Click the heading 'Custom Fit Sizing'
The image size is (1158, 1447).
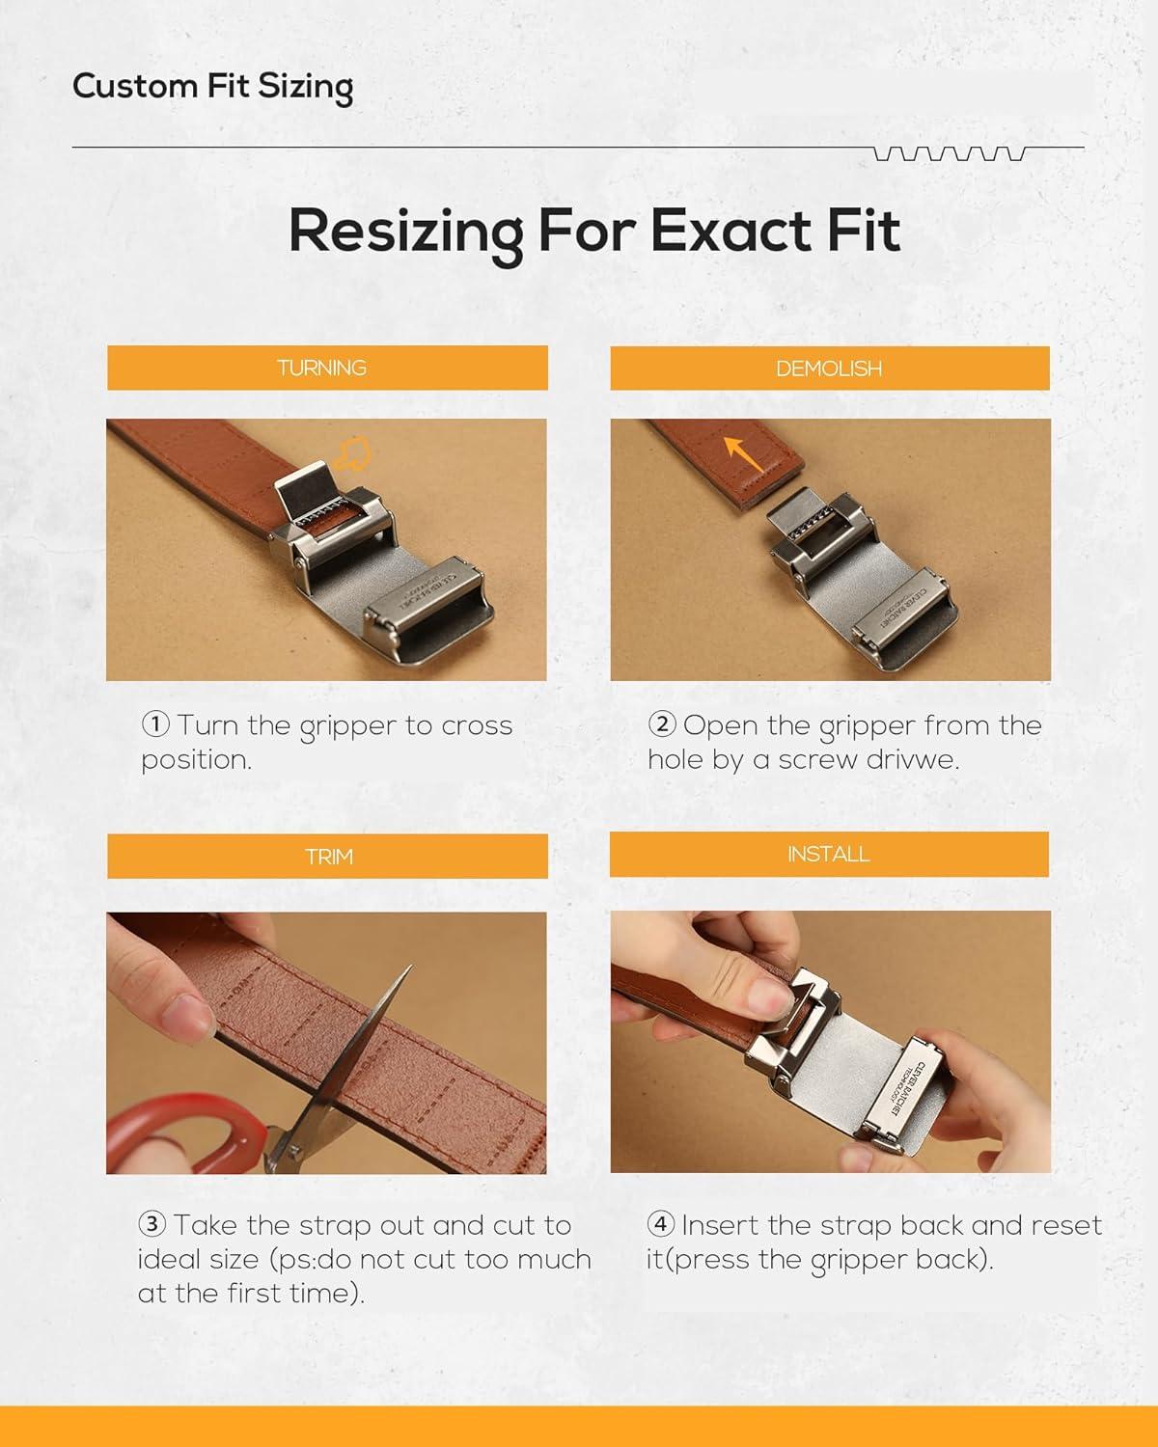pos(212,88)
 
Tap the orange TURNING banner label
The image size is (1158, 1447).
pos(321,368)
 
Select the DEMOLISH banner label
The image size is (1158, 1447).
pos(829,369)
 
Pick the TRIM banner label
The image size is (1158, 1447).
pos(328,857)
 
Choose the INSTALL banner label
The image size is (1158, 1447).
pos(828,854)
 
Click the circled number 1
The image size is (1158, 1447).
pos(155,724)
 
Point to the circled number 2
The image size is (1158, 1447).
pos(662,724)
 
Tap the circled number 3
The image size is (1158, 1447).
pos(152,1224)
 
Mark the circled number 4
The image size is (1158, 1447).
pos(661,1224)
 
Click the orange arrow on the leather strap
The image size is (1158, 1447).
pos(743,453)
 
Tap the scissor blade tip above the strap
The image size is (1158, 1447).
pos(410,967)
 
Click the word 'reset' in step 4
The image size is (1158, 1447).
pos(1066,1225)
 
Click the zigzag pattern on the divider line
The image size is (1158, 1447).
pos(950,153)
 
